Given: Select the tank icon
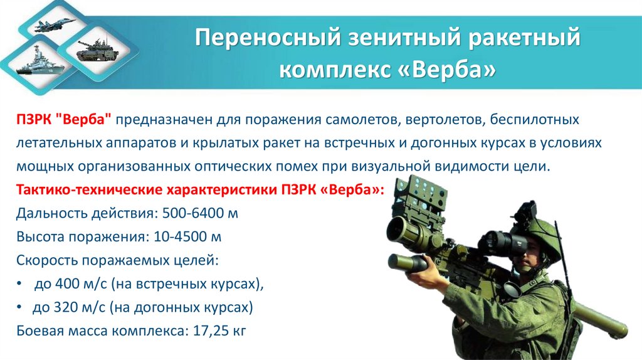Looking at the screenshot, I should (x=93, y=50).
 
